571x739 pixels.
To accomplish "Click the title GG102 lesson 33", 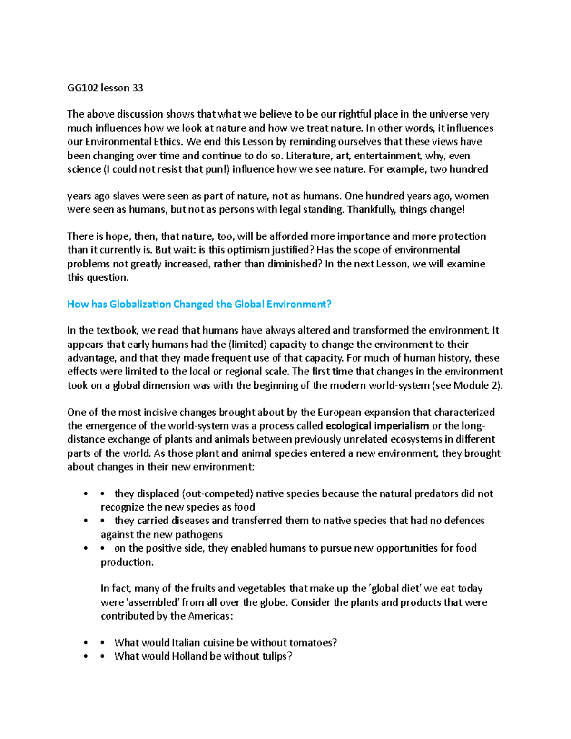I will [x=105, y=88].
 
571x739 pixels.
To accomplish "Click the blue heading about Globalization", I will [x=199, y=304].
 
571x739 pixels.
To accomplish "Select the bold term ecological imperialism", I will [x=377, y=425].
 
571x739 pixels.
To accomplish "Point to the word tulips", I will [x=276, y=656].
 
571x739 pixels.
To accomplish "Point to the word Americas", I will [x=210, y=616].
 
